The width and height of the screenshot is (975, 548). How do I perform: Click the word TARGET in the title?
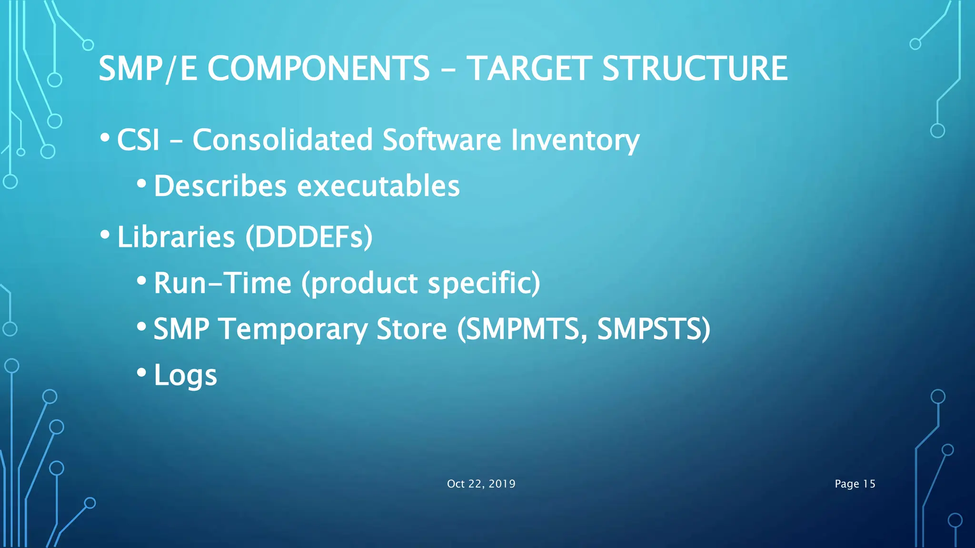(x=528, y=68)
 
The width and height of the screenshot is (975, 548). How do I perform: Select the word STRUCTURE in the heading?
(x=695, y=68)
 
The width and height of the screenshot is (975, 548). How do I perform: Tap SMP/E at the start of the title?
(x=148, y=68)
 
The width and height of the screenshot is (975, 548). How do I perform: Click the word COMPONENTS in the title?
(x=318, y=68)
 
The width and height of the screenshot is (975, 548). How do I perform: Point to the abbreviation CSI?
(x=138, y=140)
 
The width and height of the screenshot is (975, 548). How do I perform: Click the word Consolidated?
(x=282, y=140)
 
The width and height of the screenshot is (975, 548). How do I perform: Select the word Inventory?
(x=575, y=140)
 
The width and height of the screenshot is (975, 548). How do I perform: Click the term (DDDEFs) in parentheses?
(x=309, y=236)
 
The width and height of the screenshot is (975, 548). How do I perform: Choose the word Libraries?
(x=176, y=236)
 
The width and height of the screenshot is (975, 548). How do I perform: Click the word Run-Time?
(x=222, y=283)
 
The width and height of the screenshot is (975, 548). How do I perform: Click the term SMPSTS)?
(x=653, y=329)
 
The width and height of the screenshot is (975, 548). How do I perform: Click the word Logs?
(x=185, y=375)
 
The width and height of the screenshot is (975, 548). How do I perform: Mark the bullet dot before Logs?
(x=141, y=372)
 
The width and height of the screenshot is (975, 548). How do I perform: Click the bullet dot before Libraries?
(x=105, y=234)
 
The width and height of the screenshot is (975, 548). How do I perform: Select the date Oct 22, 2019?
(x=481, y=484)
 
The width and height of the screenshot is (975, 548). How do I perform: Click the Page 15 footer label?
(x=855, y=484)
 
